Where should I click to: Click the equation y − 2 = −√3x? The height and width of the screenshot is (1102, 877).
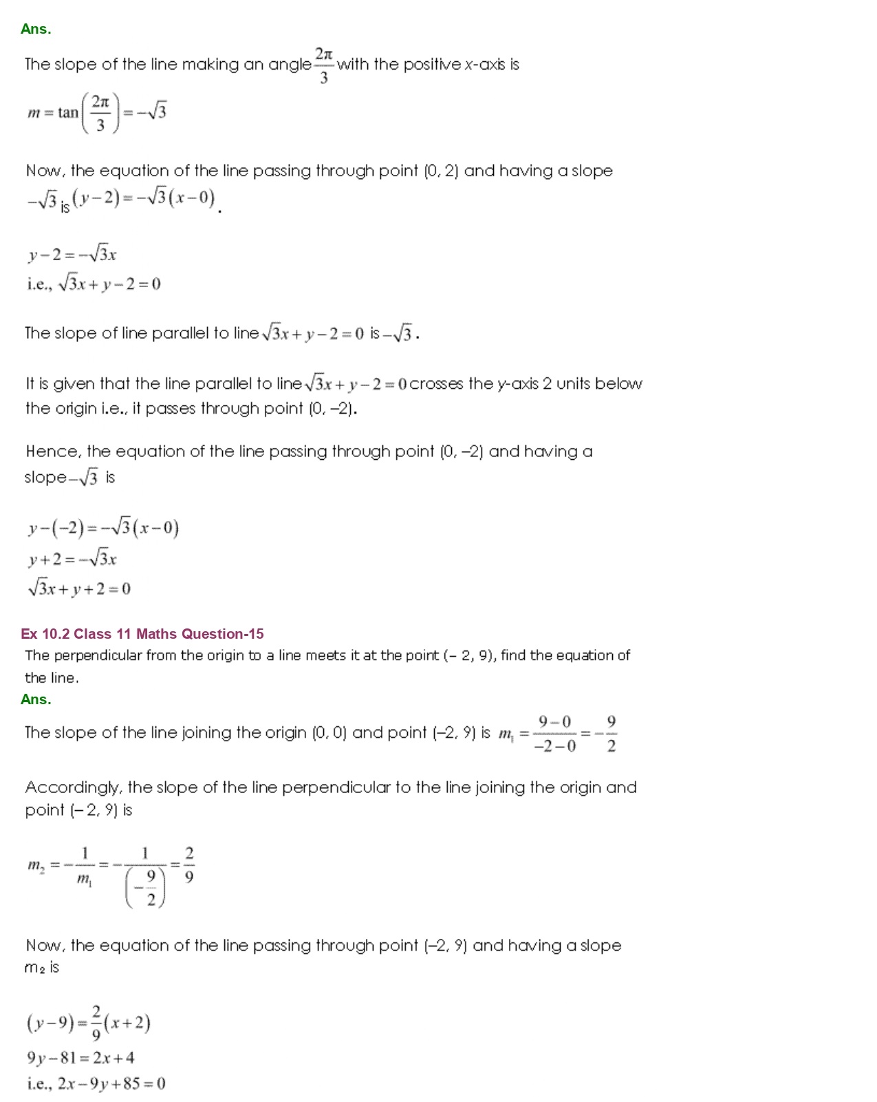coord(72,255)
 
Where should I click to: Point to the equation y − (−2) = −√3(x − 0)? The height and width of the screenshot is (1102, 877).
coord(103,528)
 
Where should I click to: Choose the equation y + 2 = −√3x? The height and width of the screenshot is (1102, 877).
coord(72,559)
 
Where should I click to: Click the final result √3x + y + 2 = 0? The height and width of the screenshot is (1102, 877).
coord(79,589)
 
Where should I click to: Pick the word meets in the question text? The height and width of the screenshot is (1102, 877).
coord(326,655)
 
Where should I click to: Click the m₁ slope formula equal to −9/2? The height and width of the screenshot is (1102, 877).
coord(557,734)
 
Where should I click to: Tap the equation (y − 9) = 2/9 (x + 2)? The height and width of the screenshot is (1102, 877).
coord(89,1024)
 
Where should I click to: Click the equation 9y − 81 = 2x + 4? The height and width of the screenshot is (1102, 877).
coord(80,1058)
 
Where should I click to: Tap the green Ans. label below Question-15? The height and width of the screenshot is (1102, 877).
coord(36,699)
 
